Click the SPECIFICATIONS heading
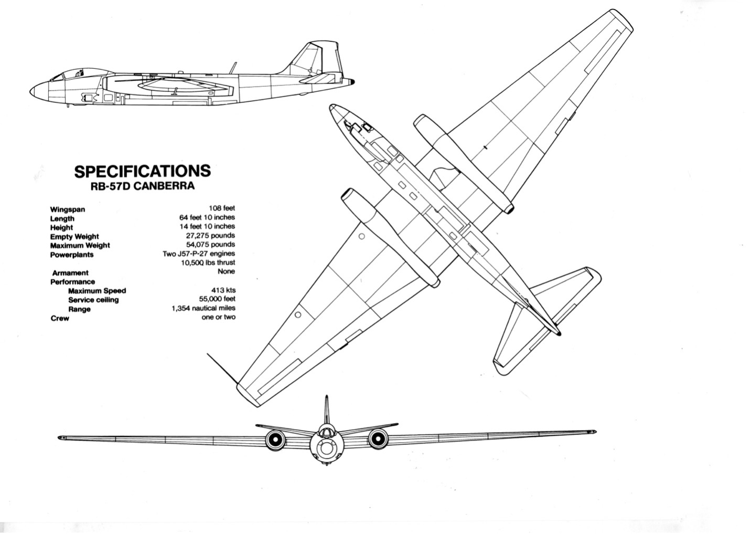tap(143, 171)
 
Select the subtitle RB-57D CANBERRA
tap(143, 186)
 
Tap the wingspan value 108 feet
tap(222, 208)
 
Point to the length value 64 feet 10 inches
tap(207, 217)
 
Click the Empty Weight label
tap(74, 237)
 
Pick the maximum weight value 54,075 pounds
tap(211, 244)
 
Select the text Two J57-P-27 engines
tap(199, 254)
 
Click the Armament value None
tap(227, 271)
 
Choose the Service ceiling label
tap(93, 300)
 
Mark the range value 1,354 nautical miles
tap(203, 308)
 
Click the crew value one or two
tap(219, 317)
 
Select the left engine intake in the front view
tap(275, 439)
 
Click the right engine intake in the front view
tap(378, 438)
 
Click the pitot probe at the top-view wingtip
tap(222, 368)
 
